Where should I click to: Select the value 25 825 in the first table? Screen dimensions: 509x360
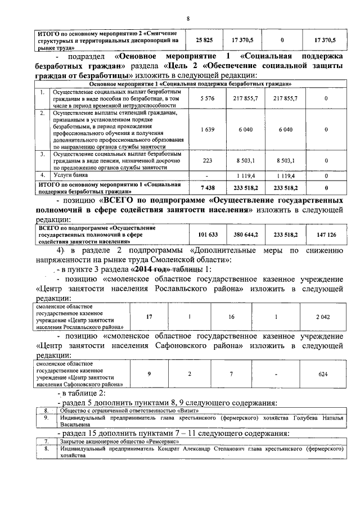[204, 40]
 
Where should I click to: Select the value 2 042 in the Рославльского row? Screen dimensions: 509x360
[323, 317]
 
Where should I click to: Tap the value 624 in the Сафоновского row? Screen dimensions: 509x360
[323, 374]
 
